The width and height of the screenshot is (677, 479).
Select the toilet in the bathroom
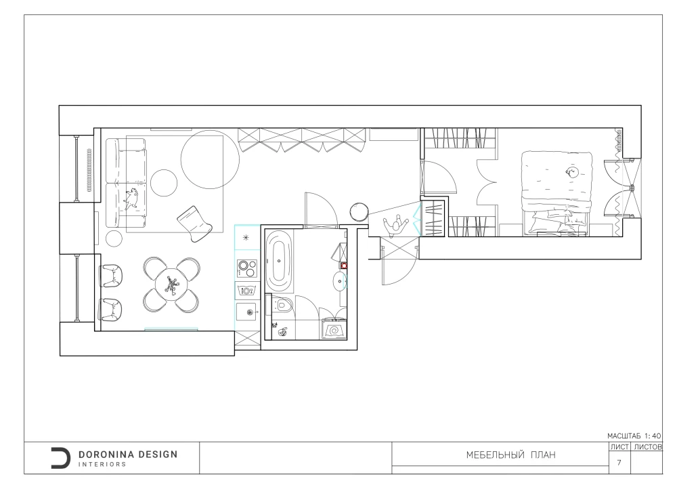click(x=282, y=306)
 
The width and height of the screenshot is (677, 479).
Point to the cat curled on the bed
click(x=573, y=173)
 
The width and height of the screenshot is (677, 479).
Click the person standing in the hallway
click(x=395, y=226)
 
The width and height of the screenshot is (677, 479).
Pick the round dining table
click(x=171, y=285)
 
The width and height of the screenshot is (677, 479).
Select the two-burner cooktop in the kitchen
click(x=247, y=269)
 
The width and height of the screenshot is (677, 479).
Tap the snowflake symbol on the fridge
click(x=246, y=237)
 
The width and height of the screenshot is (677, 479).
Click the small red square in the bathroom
click(x=344, y=266)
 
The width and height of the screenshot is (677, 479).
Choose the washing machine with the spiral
click(x=333, y=329)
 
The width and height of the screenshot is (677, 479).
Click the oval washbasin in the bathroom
click(x=340, y=282)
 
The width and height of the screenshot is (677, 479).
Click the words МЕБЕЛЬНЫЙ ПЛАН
click(x=510, y=455)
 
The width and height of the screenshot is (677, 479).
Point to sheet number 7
click(x=619, y=463)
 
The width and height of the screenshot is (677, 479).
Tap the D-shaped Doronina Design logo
click(x=60, y=458)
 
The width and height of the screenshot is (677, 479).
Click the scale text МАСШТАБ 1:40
click(x=634, y=436)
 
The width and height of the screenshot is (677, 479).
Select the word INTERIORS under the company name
click(x=102, y=464)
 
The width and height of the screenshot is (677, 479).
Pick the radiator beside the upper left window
click(x=89, y=170)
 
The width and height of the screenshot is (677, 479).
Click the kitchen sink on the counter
click(x=246, y=312)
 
